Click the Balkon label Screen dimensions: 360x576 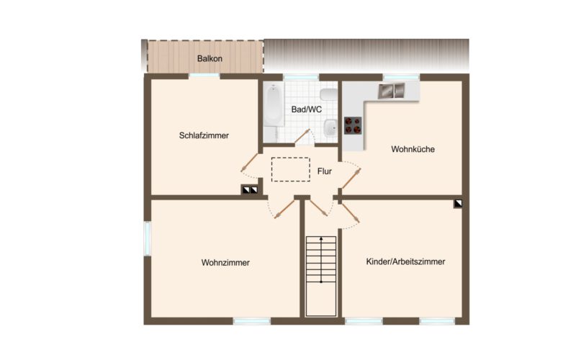click(211, 58)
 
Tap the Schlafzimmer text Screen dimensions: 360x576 click(204, 135)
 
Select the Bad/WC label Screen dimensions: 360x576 click(305, 109)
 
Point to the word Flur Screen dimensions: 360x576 click(324, 171)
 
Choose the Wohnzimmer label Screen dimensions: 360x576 click(225, 263)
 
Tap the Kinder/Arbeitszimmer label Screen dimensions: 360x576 click(405, 261)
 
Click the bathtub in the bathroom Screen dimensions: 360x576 click(273, 113)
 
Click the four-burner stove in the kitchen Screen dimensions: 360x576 click(353, 125)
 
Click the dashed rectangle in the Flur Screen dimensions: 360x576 click(290, 169)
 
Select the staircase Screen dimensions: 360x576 click(321, 275)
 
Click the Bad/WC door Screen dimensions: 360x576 click(302, 137)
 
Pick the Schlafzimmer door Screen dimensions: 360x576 click(251, 163)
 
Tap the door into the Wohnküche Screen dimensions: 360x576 click(351, 174)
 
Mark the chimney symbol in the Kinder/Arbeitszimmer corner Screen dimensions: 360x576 click(458, 204)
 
